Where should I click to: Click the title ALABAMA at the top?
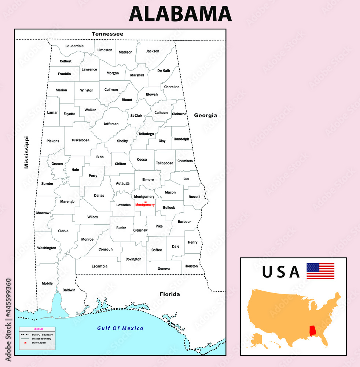click(180, 14)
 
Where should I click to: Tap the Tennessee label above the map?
click(107, 34)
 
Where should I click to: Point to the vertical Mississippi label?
click(26, 152)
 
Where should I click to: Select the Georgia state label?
click(205, 115)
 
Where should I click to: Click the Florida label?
click(169, 294)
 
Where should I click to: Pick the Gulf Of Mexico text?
click(120, 328)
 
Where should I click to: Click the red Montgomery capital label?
click(145, 205)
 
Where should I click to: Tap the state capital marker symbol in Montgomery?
click(145, 202)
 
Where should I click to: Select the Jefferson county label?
click(111, 124)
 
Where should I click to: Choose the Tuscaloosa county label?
click(80, 140)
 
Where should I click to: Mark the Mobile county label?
click(47, 283)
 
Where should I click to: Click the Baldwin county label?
click(69, 290)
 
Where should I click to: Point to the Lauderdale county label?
click(74, 46)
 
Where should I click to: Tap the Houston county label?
click(191, 266)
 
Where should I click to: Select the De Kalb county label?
click(164, 70)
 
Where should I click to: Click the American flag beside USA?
click(320, 271)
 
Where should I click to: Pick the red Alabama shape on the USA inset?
click(313, 330)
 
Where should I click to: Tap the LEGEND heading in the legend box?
click(38, 329)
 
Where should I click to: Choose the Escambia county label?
click(99, 266)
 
